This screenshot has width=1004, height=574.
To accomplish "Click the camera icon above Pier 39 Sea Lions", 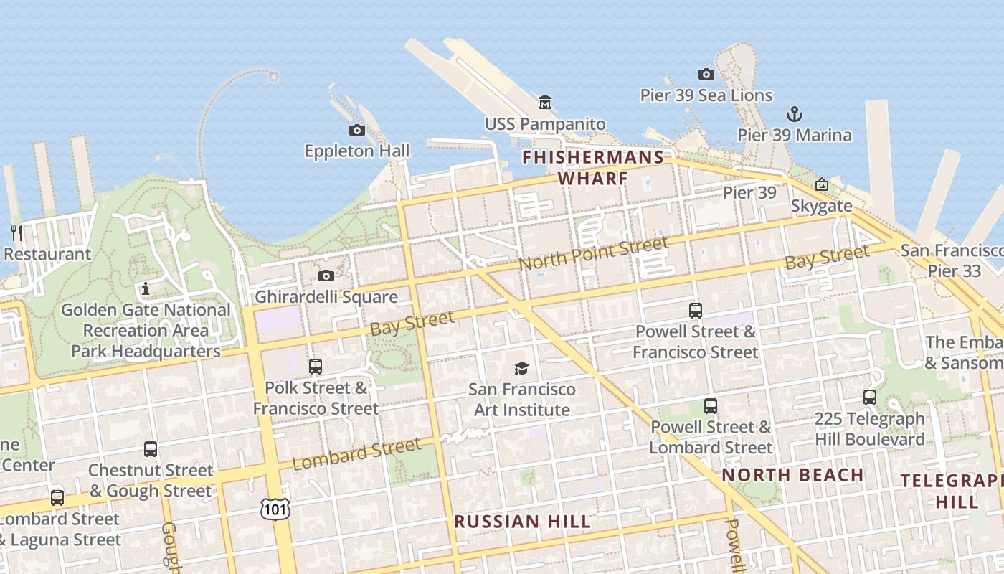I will tap(706, 74).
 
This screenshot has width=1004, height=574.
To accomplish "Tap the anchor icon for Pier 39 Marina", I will tap(794, 114).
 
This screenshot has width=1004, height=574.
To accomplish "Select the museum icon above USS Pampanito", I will tap(545, 103).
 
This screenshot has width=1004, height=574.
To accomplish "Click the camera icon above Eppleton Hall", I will tap(356, 130).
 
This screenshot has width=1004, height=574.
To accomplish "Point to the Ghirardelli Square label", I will tap(326, 297).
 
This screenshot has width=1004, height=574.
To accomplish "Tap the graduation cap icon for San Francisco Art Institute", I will tap(521, 369).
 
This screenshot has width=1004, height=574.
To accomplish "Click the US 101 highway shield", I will tap(275, 509).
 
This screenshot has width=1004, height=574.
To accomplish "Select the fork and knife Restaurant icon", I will tap(16, 232).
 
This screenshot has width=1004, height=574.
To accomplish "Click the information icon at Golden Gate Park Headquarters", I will tap(146, 289).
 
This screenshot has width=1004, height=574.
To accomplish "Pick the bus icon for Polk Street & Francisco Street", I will tap(315, 367).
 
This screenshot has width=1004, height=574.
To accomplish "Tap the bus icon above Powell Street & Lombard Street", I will tap(710, 406).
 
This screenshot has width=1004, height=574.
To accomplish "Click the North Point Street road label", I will tap(593, 254).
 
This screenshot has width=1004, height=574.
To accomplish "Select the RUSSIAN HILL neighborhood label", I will tap(523, 522).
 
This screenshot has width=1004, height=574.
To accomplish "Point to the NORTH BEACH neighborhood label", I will tap(792, 475).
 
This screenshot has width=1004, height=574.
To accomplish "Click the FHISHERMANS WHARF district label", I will tap(593, 167).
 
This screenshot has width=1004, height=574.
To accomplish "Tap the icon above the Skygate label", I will tap(821, 185).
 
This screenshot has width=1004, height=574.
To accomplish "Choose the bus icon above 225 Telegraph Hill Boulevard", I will tap(869, 397).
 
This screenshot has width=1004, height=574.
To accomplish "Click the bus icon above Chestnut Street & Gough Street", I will tap(150, 449).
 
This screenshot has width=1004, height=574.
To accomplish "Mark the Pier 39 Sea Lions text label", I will tap(706, 95).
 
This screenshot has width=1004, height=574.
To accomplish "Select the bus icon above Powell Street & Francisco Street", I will tap(695, 311).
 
